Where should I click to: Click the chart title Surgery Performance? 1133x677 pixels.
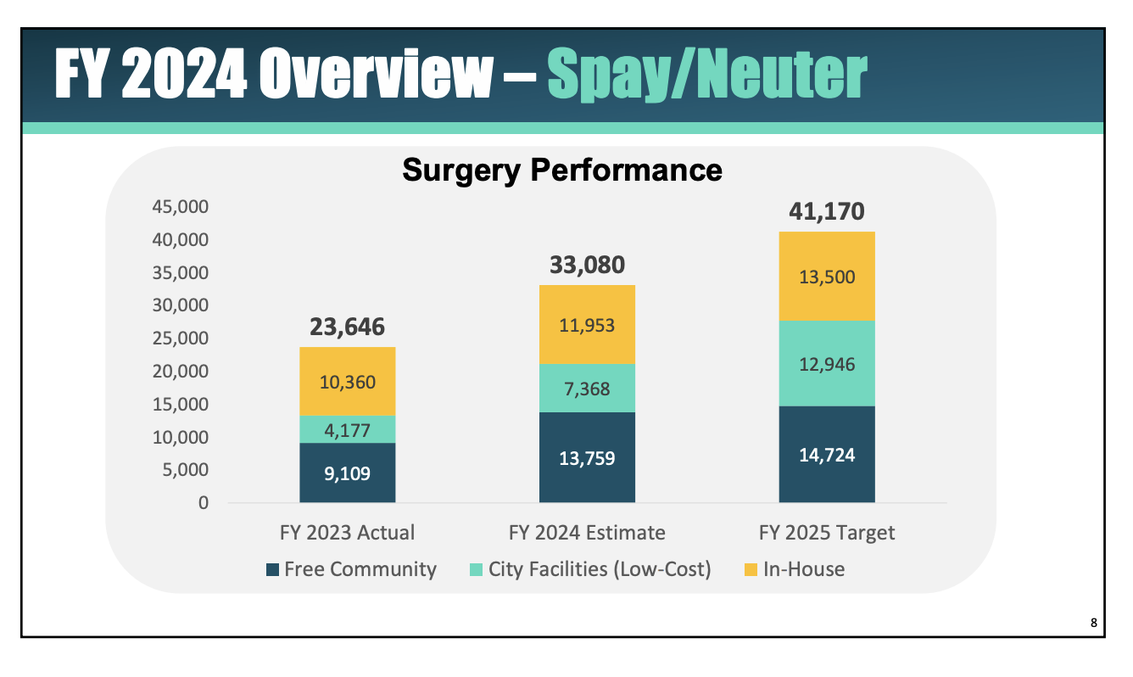[x=561, y=171]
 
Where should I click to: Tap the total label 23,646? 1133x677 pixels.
[x=347, y=327]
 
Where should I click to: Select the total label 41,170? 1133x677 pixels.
[x=827, y=211]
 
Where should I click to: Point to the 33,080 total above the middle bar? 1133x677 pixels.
[x=587, y=265]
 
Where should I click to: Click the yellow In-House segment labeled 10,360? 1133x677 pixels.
[x=347, y=382]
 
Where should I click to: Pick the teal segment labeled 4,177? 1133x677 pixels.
[x=347, y=429]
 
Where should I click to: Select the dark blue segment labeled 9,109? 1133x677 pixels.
[x=347, y=473]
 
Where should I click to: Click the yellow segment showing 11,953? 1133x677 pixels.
[x=587, y=325]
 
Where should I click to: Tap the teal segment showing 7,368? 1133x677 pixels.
[x=587, y=389]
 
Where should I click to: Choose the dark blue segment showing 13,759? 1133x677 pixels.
[x=587, y=458]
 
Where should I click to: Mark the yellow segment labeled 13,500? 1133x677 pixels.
[x=827, y=277]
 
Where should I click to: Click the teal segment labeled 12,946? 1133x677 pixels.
[x=827, y=364]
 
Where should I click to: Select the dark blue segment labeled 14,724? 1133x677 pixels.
[x=827, y=455]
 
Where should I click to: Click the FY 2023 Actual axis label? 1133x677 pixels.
[x=347, y=533]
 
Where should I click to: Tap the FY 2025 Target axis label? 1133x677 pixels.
[x=827, y=533]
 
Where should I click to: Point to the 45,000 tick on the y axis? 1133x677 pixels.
[x=181, y=206]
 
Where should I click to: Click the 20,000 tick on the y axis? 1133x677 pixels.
[x=181, y=371]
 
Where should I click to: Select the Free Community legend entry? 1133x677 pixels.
[x=351, y=568]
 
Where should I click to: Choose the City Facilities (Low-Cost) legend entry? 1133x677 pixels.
[x=589, y=568]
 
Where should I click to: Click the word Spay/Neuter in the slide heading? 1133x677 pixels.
[x=706, y=75]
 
